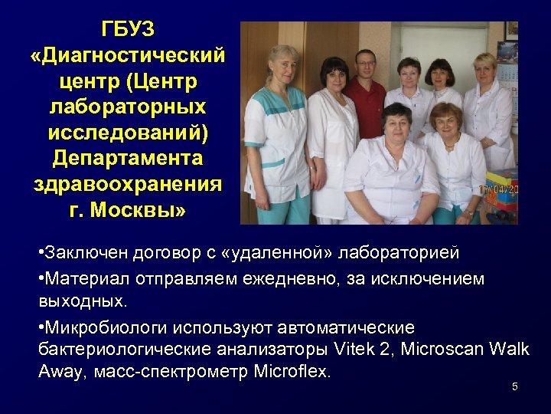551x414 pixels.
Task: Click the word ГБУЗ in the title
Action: click(128, 29)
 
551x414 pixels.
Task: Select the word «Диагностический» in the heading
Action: click(128, 55)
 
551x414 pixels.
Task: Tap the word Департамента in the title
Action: click(128, 158)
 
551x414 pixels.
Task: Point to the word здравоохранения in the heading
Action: click(128, 184)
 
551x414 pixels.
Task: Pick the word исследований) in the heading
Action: click(128, 133)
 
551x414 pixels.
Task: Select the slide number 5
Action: click(515, 386)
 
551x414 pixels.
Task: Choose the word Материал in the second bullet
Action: click(81, 279)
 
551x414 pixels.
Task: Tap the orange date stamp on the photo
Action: click(497, 189)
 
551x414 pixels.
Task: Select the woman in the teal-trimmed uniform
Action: click(275, 130)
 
